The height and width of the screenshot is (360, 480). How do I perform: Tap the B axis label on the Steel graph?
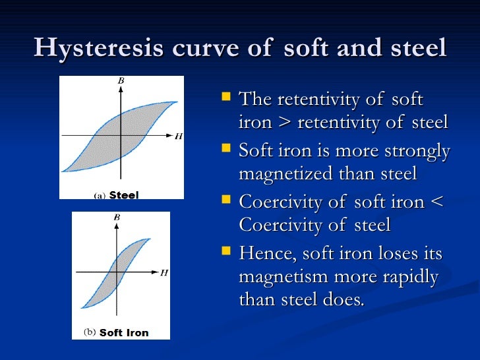[x=121, y=81]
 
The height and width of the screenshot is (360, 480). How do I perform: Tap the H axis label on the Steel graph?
[x=179, y=136]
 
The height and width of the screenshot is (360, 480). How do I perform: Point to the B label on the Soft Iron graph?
[x=117, y=217]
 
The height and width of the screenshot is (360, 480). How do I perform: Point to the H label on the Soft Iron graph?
[x=164, y=272]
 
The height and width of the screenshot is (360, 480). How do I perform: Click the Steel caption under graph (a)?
[x=123, y=195]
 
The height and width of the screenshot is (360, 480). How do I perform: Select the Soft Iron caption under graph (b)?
[x=124, y=333]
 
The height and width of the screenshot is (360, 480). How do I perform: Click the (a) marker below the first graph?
[x=100, y=196]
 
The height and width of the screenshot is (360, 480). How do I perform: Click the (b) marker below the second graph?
[x=90, y=332]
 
